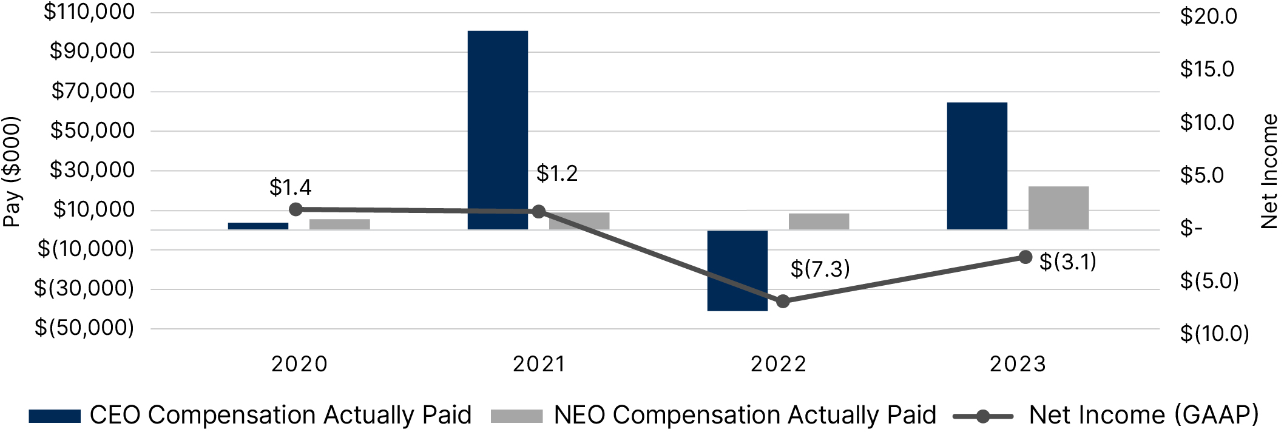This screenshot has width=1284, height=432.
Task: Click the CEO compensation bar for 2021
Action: coord(498,130)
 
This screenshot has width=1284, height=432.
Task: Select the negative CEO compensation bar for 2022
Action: coord(737,271)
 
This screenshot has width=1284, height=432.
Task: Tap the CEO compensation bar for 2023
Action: coord(977,166)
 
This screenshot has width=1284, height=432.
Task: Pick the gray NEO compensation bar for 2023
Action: coord(1058,208)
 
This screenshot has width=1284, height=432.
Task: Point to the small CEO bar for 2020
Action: coord(258,226)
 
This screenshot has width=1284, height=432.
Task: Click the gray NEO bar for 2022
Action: coord(819,221)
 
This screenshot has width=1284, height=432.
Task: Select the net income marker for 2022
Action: coord(783,301)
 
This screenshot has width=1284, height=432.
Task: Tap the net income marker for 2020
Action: coord(296,209)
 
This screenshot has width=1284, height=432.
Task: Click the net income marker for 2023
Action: coord(1025,257)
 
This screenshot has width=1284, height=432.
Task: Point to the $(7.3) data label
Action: coord(820,269)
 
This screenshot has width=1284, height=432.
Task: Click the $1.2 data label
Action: coord(556,174)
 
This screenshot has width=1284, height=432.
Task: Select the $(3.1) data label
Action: coord(1067,262)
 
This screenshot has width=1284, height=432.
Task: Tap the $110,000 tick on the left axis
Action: coord(89,12)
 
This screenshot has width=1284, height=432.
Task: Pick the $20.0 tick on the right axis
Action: coord(1208,16)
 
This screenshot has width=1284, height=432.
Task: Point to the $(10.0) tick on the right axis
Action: coord(1214,334)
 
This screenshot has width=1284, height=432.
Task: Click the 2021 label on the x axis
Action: coord(539,364)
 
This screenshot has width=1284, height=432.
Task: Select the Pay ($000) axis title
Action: coord(12,172)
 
